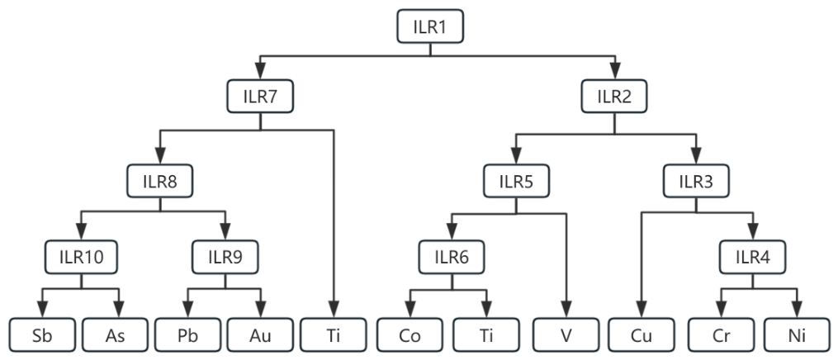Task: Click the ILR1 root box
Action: [x=429, y=26]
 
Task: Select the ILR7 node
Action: [x=260, y=96]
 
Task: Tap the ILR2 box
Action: [x=614, y=96]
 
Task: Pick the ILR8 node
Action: [x=160, y=181]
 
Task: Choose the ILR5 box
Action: [x=516, y=181]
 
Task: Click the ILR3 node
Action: [x=696, y=181]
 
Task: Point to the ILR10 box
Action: [x=81, y=257]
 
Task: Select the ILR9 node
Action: [x=225, y=257]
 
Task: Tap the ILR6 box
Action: [x=452, y=257]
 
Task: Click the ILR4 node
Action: [x=752, y=257]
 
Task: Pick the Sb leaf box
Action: [x=42, y=335]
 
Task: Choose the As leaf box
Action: [x=115, y=335]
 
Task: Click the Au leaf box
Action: [x=260, y=335]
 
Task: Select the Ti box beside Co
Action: [x=485, y=335]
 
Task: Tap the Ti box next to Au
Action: [x=334, y=335]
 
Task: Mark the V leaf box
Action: [x=566, y=335]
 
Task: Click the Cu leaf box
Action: [x=642, y=335]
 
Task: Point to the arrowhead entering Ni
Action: [x=797, y=310]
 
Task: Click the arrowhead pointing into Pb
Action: [x=187, y=310]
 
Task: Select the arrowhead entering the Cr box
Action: [x=721, y=310]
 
